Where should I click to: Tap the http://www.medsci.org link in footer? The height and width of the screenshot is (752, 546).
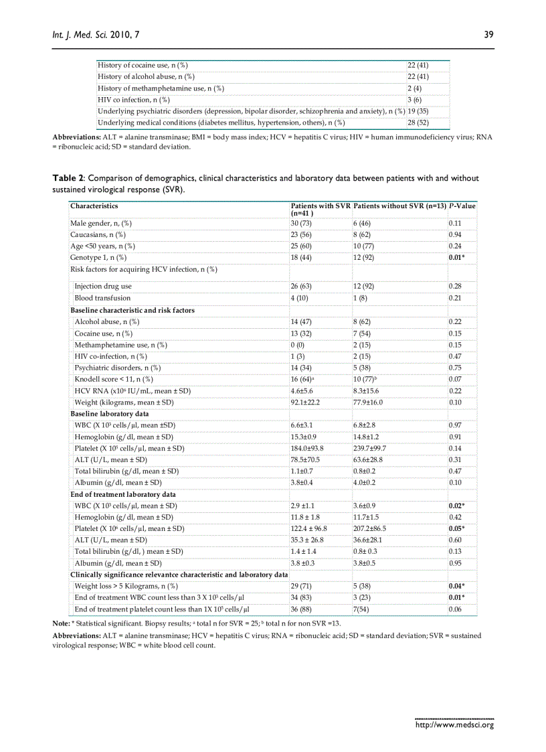pos(454,725)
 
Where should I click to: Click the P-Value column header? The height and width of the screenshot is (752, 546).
pos(462,206)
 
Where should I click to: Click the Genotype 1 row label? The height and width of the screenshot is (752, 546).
pos(98,257)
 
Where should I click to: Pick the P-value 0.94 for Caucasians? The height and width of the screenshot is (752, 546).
pos(454,234)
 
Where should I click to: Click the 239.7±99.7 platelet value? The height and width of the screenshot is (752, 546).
pos(369,448)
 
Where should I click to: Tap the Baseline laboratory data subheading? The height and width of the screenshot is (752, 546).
pos(110,414)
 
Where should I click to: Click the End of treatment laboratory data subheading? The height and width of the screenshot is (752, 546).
pos(124,494)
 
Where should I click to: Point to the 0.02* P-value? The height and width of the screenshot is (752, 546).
pos(456,506)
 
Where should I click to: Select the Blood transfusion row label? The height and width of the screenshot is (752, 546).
pos(102,297)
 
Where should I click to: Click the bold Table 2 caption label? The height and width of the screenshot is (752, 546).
pos(68,179)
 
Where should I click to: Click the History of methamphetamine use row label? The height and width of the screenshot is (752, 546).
pos(161,88)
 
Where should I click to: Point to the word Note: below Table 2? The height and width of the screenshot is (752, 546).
pos(61,623)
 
